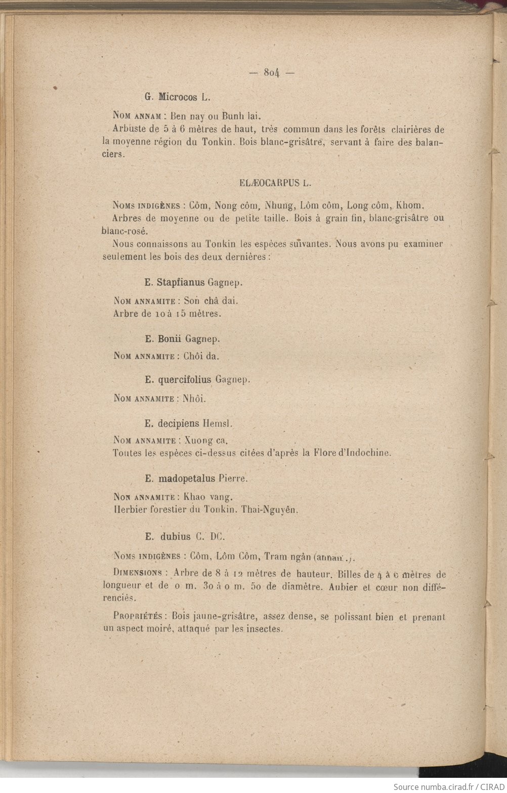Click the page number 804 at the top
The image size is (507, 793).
click(x=272, y=72)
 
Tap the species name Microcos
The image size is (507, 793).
click(x=177, y=96)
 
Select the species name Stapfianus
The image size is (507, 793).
click(x=181, y=282)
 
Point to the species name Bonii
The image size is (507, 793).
click(x=170, y=339)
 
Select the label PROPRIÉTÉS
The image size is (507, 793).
click(x=138, y=617)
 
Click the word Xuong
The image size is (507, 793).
click(x=199, y=441)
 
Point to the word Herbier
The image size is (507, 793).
click(x=130, y=510)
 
